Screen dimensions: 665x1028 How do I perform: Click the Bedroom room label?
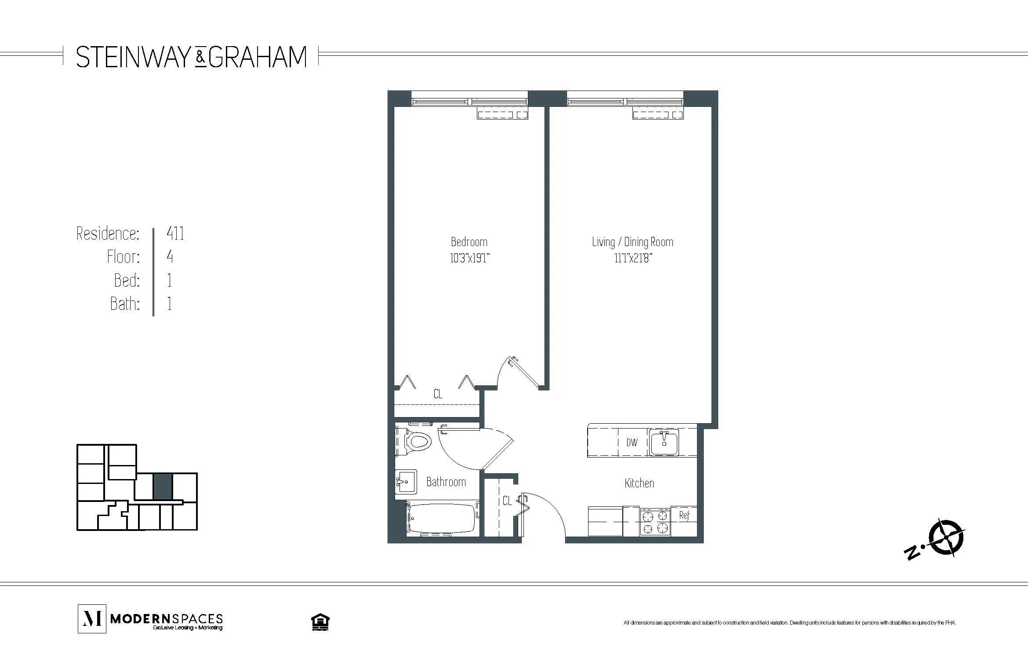(x=469, y=242)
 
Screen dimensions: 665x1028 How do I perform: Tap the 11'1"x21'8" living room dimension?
(x=633, y=258)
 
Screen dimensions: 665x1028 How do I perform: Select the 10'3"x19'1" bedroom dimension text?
(x=469, y=258)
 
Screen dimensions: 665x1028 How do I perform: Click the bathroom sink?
(x=406, y=482)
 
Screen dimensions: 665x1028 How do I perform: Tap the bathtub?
(x=442, y=519)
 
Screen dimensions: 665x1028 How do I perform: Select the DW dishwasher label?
(x=632, y=443)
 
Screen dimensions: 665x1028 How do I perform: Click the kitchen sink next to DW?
(x=664, y=442)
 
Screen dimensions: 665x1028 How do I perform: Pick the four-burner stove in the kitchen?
(x=655, y=522)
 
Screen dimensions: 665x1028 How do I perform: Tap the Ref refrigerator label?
(x=684, y=515)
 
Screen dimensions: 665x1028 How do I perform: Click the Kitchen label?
(x=639, y=483)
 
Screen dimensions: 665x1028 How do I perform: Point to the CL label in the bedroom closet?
(x=438, y=394)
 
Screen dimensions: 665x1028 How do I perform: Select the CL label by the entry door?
(x=507, y=501)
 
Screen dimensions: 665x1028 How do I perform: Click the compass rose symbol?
(x=946, y=537)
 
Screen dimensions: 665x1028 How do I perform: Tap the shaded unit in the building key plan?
(x=162, y=487)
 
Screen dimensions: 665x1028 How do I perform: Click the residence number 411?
(x=175, y=233)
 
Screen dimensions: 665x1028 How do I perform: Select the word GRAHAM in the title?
(x=258, y=57)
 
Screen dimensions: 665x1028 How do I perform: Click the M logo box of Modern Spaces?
(x=92, y=619)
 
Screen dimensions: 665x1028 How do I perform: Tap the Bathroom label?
(x=446, y=482)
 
